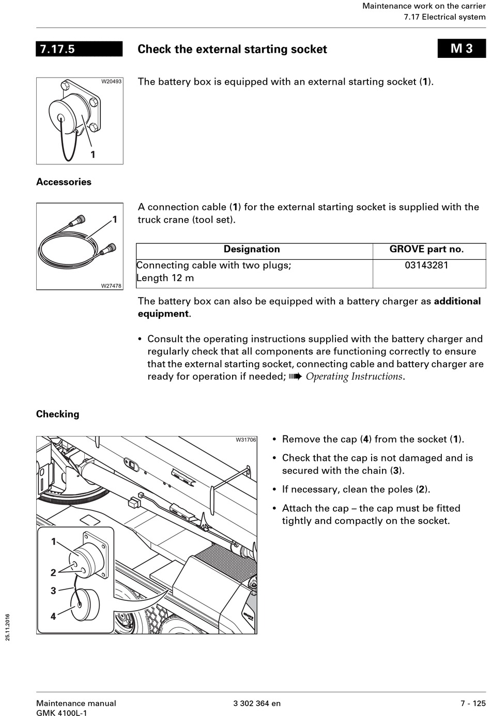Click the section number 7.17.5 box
click(x=79, y=49)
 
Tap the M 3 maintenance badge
click(x=462, y=49)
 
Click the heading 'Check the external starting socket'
click(x=232, y=50)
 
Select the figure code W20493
click(x=111, y=82)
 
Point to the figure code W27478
click(x=111, y=286)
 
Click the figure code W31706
click(x=245, y=440)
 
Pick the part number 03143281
click(x=426, y=266)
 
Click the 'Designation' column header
click(x=252, y=249)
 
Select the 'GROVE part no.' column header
click(x=426, y=249)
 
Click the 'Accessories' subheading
click(x=64, y=182)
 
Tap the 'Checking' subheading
click(x=57, y=414)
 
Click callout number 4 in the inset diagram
click(x=53, y=616)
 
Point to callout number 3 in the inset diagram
click(x=53, y=590)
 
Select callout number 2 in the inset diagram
click(x=53, y=572)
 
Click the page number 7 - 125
click(x=473, y=703)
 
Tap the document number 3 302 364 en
click(x=257, y=703)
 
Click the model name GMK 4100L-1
click(x=62, y=713)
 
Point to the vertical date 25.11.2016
click(x=8, y=627)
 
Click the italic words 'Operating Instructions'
click(x=354, y=377)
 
